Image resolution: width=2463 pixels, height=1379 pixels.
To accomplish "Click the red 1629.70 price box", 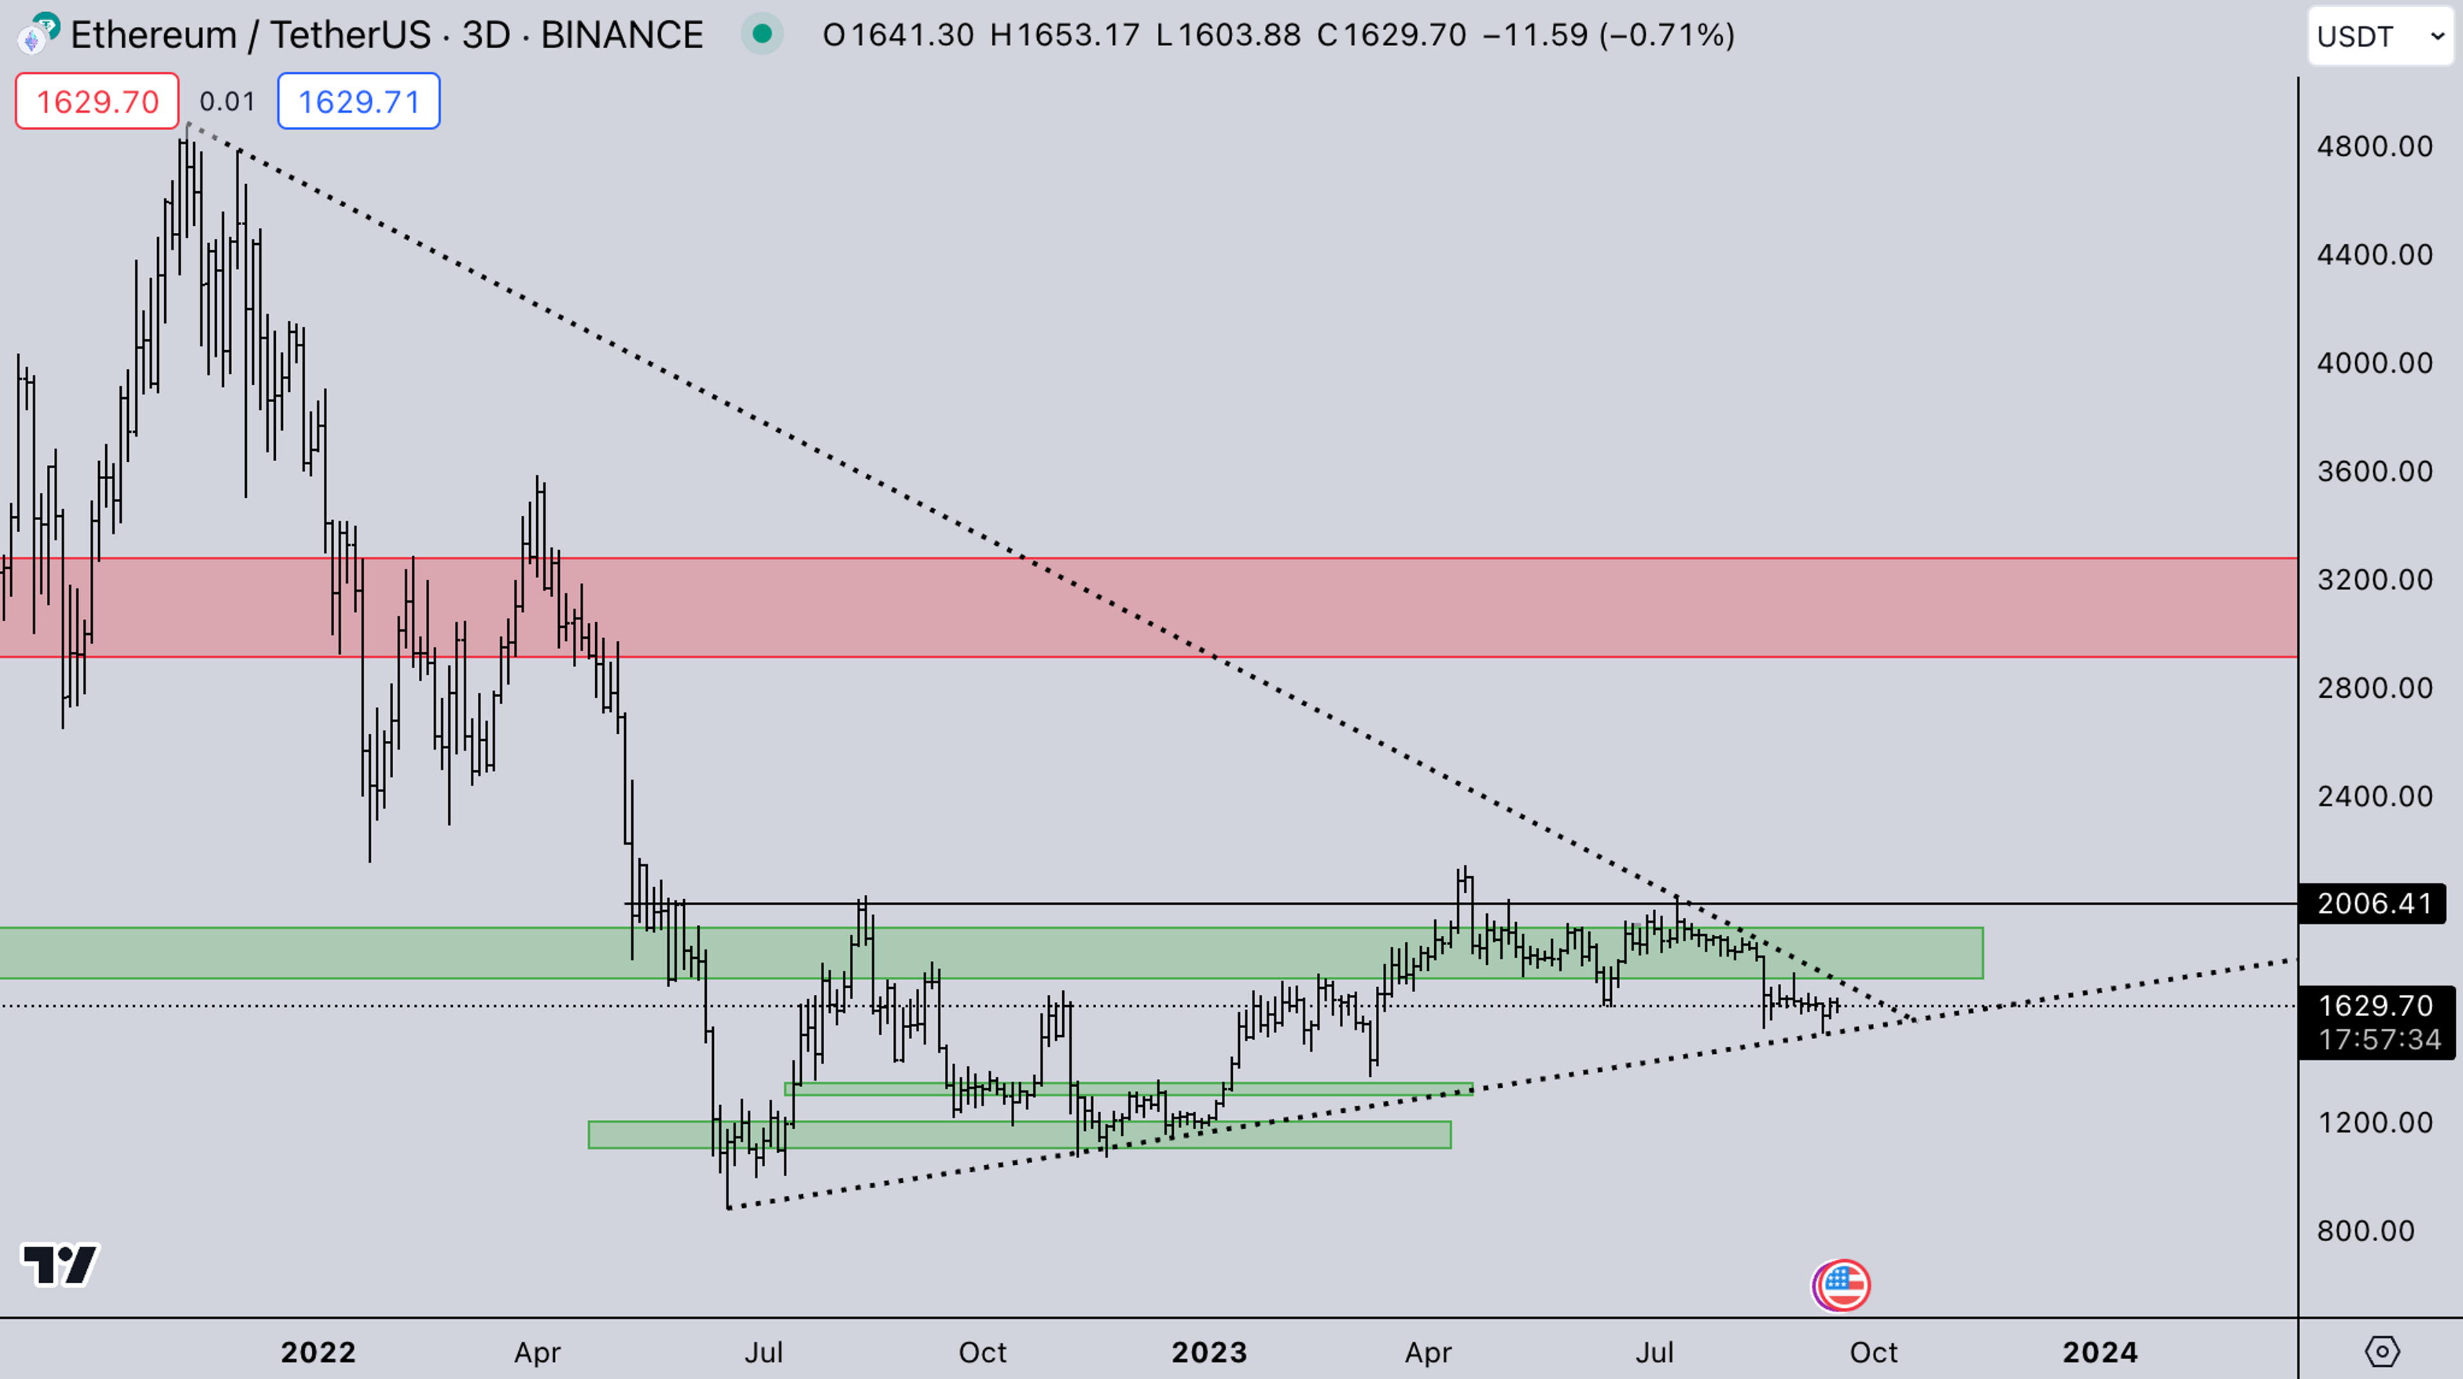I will point(97,101).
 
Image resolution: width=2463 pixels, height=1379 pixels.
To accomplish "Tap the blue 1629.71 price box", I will point(359,101).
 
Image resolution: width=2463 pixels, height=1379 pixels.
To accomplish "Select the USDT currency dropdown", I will point(2380,37).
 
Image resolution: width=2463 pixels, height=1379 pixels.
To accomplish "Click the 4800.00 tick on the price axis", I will point(2374,146).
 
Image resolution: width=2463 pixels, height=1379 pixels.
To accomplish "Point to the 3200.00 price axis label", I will point(2374,580).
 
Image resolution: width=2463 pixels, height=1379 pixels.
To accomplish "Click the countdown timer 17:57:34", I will point(2380,1040).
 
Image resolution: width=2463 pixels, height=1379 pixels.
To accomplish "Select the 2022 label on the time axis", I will point(318,1352).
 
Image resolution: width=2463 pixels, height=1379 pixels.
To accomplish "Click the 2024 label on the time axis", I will point(2100,1352).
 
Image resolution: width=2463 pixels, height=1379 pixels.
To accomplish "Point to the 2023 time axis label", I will point(1210,1352).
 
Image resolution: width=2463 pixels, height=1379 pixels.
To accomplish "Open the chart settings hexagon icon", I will point(2382,1351).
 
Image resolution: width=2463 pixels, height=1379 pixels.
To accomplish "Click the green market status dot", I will point(762,35).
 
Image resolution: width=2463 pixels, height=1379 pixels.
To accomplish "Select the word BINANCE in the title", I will point(622,35).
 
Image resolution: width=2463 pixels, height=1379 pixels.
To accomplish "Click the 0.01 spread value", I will point(228,101).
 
